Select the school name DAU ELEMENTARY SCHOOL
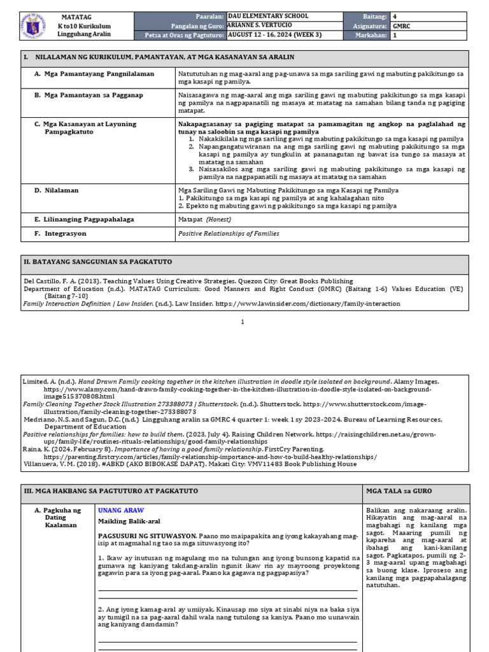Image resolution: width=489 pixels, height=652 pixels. (268, 16)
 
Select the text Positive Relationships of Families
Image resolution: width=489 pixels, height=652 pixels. (229, 234)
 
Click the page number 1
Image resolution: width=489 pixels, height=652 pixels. (243, 322)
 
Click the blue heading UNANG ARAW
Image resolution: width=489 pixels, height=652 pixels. (121, 511)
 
